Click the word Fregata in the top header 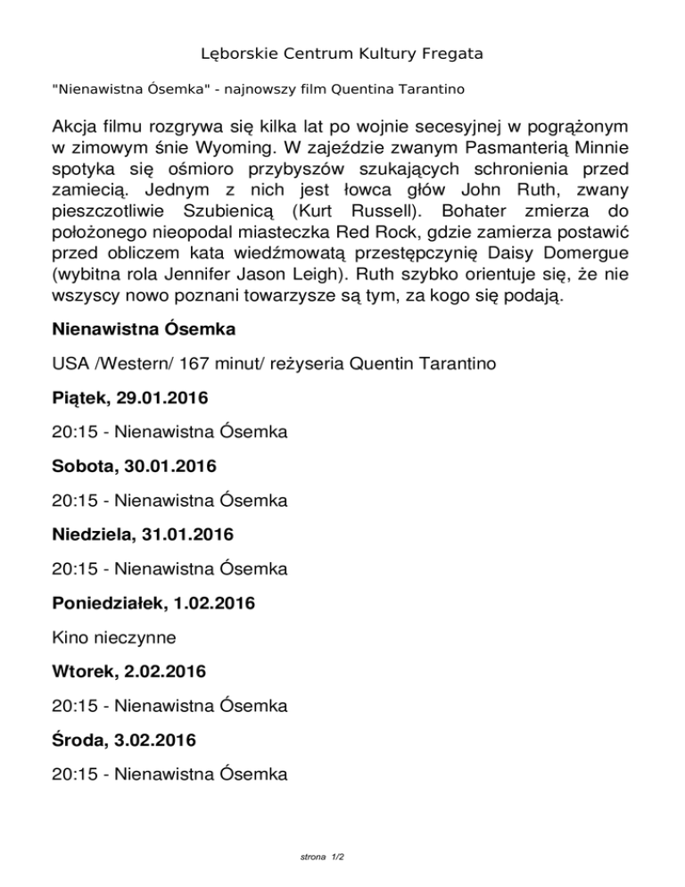pyautogui.click(x=450, y=54)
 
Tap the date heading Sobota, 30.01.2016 pyautogui.click(x=134, y=466)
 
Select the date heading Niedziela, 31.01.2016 pyautogui.click(x=143, y=535)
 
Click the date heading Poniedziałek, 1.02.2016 pyautogui.click(x=153, y=603)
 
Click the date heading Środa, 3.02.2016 pyautogui.click(x=125, y=741)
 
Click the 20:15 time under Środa pyautogui.click(x=74, y=775)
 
